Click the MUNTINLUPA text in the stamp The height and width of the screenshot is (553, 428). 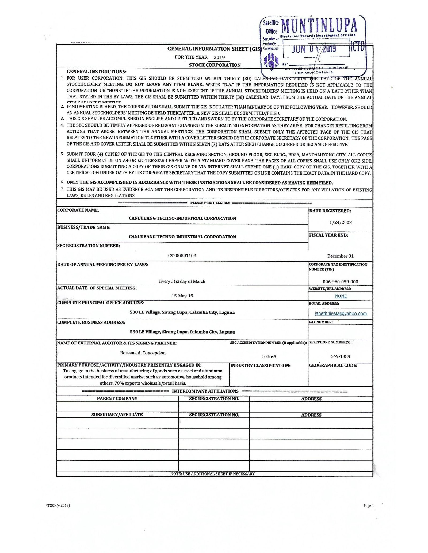click(x=319, y=26)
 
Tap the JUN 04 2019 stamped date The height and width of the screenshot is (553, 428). click(x=314, y=49)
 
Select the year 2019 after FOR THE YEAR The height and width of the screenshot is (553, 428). click(x=219, y=57)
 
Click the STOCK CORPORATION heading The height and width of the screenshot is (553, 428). click(x=215, y=65)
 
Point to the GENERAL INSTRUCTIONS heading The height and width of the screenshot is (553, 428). click(x=97, y=72)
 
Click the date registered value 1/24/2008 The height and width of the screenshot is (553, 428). click(x=341, y=222)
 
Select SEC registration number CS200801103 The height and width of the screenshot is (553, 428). click(x=182, y=256)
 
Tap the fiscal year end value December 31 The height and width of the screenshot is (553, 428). click(x=340, y=256)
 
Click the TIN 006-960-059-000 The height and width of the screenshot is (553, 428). click(x=340, y=281)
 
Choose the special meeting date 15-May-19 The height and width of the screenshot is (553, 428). click(x=182, y=296)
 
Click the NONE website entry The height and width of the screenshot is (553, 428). click(x=341, y=296)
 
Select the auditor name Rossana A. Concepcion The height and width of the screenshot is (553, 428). click(x=143, y=353)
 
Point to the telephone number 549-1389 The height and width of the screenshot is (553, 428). click(x=340, y=356)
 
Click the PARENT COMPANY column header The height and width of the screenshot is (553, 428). click(x=117, y=398)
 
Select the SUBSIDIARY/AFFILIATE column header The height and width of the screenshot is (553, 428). click(x=117, y=415)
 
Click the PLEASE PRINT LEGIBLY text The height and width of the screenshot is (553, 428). click(x=210, y=203)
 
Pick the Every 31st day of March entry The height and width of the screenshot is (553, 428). click(x=182, y=281)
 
